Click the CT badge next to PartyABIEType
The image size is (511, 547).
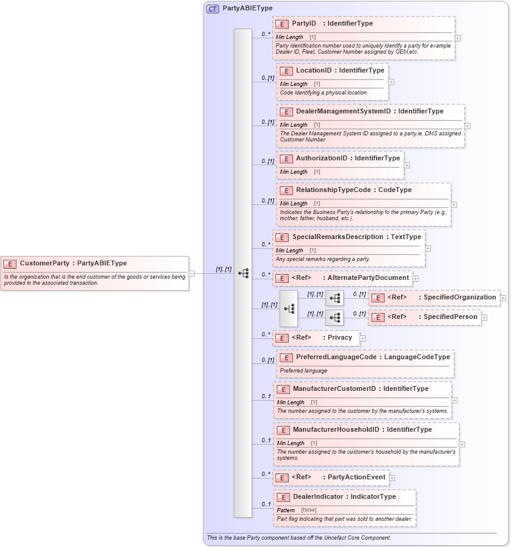(x=212, y=9)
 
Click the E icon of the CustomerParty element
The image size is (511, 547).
(x=10, y=263)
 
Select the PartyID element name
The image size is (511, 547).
(x=304, y=24)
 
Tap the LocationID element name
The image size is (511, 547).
(x=313, y=71)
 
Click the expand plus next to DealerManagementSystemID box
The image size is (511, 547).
(x=468, y=126)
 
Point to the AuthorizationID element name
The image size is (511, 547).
(x=322, y=159)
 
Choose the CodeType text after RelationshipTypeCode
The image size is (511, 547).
(x=394, y=190)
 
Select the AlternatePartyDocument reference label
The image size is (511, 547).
(x=368, y=278)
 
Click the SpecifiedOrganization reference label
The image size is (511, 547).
(x=460, y=298)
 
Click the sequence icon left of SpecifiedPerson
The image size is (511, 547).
(x=335, y=318)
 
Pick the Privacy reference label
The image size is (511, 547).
(x=339, y=338)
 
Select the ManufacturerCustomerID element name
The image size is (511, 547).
(x=334, y=389)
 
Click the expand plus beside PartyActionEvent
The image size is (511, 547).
(x=392, y=478)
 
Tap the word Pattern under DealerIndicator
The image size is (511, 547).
(x=286, y=510)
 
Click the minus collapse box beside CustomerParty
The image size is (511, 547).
(x=192, y=273)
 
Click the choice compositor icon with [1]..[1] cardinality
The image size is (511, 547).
(x=289, y=309)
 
